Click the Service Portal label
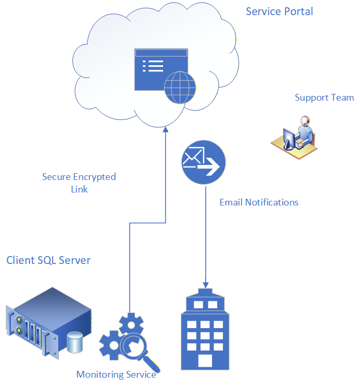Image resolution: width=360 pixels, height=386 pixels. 279,11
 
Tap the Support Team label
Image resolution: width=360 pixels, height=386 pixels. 325,98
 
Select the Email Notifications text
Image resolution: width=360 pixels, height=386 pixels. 259,202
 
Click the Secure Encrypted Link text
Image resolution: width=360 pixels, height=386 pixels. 79,183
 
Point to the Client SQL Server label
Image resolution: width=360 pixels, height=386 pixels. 48,260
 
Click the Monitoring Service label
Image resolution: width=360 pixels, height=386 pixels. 116,375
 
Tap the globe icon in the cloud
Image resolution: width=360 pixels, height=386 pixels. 180,88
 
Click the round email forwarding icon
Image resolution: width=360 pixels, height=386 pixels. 204,162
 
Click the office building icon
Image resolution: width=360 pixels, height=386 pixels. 205,329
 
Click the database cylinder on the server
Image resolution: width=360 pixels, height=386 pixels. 75,342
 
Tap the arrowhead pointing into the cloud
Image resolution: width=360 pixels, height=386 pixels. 166,129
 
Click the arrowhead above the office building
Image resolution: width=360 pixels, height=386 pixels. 206,285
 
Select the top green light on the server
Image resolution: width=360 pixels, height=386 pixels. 19,320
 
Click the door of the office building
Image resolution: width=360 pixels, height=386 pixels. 205,360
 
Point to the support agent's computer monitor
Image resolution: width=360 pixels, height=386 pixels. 289,139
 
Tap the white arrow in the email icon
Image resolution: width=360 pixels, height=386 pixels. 208,166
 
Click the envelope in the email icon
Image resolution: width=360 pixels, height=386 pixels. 193,158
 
